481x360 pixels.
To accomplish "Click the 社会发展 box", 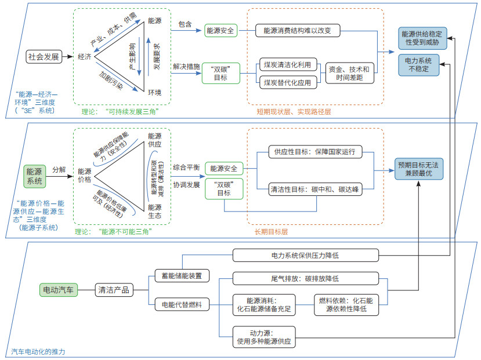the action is (44, 57).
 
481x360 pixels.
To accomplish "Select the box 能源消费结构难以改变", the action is (298, 30).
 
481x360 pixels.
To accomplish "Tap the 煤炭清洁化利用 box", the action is (288, 65).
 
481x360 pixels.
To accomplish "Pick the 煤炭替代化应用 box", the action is (288, 82).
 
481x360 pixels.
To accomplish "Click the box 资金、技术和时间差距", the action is (349, 73).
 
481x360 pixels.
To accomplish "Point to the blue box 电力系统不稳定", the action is (419, 65).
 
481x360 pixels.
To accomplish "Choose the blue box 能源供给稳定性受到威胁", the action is (422, 38).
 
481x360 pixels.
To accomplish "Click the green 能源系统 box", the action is (35, 176).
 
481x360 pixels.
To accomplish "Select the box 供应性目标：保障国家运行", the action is (315, 152).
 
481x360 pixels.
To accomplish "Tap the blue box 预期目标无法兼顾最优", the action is (419, 169).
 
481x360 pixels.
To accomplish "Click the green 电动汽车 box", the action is (58, 290).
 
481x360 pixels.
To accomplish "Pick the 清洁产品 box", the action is (114, 290).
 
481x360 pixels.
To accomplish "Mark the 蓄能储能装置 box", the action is (182, 275).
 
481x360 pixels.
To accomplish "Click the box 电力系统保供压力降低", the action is (306, 255).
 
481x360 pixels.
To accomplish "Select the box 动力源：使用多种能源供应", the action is (264, 337).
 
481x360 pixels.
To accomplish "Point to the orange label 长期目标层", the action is (271, 232).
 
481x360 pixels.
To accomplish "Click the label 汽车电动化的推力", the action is (38, 351).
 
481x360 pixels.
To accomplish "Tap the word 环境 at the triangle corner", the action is (154, 93).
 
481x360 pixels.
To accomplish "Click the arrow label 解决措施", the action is (186, 67).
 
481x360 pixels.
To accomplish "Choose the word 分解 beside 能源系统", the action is (59, 169).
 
